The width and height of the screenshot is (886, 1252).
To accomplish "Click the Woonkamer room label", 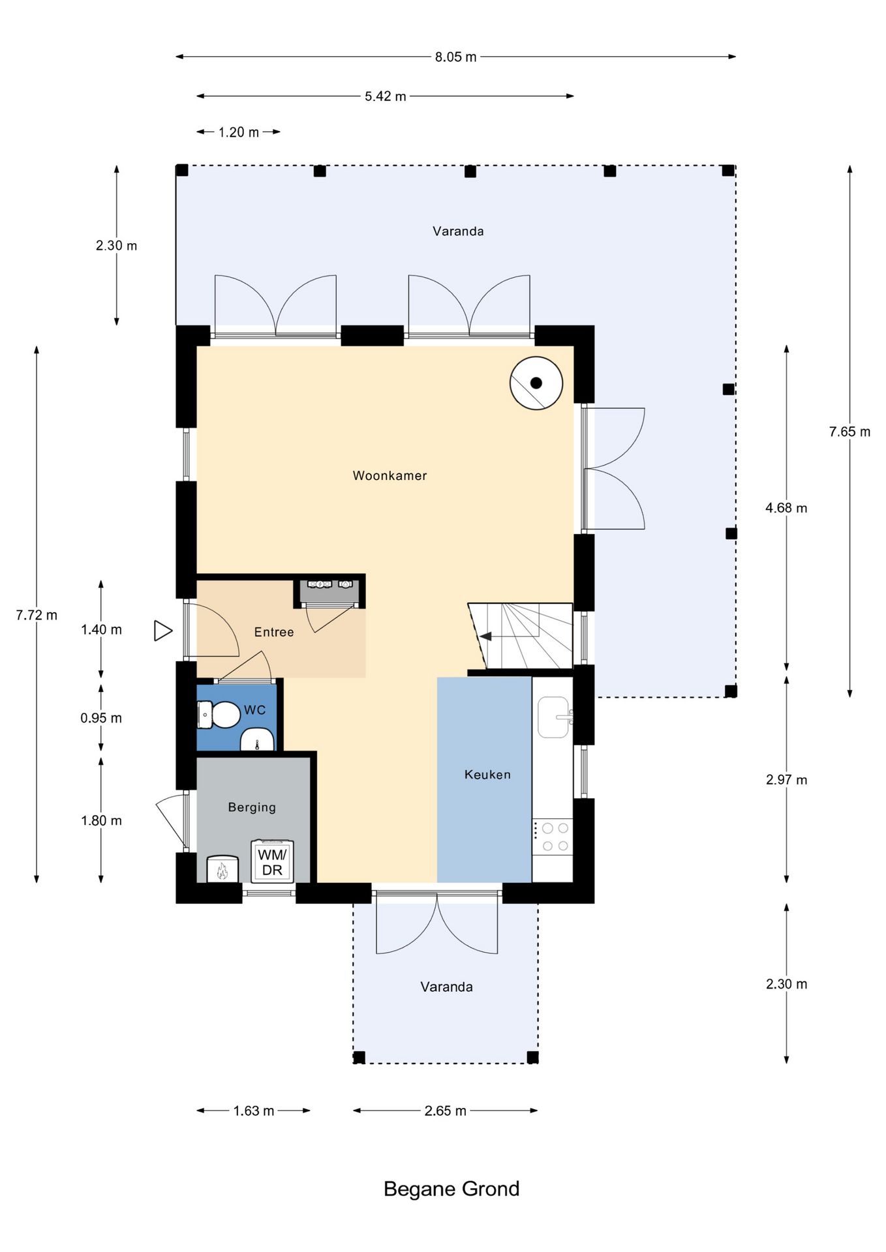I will [390, 475].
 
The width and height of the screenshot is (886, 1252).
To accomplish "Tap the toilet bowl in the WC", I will [222, 715].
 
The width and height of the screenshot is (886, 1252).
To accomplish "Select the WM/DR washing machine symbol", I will [272, 861].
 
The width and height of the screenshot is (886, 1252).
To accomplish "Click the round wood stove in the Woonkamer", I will [536, 383].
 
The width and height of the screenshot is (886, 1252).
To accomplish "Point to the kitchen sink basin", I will [553, 717].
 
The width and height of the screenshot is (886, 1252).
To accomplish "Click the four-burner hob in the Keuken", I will [554, 837].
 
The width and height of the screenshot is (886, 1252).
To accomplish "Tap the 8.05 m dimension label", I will [455, 57].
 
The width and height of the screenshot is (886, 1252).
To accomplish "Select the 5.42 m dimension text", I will [385, 97].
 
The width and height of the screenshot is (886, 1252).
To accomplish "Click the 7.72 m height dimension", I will [37, 615].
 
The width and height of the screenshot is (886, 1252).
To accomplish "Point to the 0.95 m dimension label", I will [101, 718].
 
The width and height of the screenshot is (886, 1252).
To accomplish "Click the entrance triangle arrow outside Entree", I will [162, 631].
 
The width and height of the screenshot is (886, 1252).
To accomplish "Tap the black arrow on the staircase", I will [485, 636].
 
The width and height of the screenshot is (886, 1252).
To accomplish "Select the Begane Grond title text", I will [451, 1189].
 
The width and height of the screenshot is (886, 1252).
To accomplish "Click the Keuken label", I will [487, 775].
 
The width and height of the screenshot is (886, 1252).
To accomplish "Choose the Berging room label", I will [252, 807].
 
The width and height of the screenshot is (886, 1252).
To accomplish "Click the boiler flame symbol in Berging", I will [222, 870].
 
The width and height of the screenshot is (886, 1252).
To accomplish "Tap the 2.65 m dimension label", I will [445, 1110].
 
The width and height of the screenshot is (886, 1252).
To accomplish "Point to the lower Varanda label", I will [446, 987].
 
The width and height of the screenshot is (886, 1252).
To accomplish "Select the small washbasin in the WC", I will [257, 742].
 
